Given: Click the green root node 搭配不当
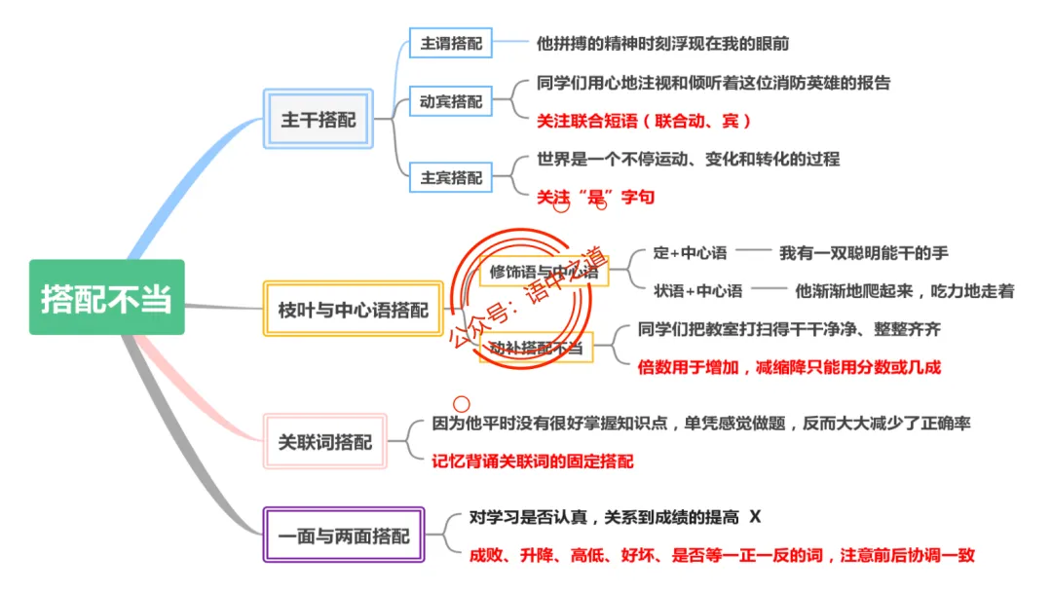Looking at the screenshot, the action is coord(106,298).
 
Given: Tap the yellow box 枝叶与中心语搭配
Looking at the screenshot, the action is coord(353,310).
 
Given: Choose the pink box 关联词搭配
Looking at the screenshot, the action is coord(325,442).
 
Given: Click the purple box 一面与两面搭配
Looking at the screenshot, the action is coord(344,536).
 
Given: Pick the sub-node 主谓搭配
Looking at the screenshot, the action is coord(451,44).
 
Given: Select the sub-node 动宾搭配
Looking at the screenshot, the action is coord(451,101).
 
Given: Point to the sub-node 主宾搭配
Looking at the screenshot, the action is coord(451,178).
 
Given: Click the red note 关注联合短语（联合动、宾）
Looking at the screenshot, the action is coord(644,121).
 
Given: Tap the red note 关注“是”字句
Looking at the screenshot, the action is coord(595,197).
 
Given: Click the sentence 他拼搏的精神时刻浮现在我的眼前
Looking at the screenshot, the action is coord(662,44).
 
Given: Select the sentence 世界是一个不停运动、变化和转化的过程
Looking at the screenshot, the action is coord(688,159).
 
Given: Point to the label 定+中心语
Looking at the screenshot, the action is coord(690,253).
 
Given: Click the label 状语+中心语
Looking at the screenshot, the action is coord(698,291).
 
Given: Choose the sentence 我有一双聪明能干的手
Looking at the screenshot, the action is coord(863,253).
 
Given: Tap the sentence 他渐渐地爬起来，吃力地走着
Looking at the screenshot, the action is coord(904,291).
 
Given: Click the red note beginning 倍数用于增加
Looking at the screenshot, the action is coord(789,367).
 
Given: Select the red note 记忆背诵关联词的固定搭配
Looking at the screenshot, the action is coord(532,462).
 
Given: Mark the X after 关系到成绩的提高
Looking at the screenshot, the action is coord(754,517).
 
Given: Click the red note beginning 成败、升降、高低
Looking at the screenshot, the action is coord(721,555).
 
